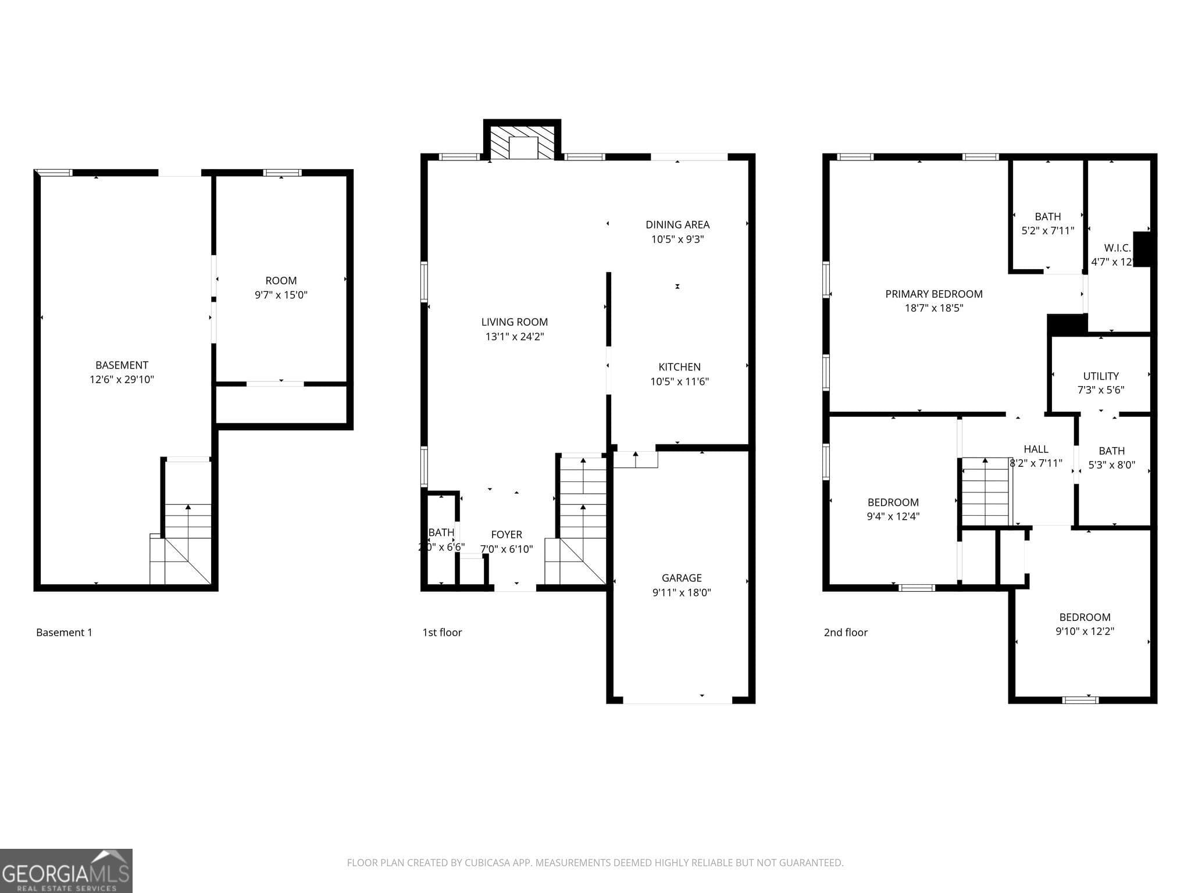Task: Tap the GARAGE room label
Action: coord(681,578)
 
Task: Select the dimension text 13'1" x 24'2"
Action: coord(515,337)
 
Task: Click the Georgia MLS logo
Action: coord(66,870)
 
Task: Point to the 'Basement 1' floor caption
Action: coord(64,633)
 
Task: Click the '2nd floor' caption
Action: coord(845,633)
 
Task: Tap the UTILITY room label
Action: coord(1100,376)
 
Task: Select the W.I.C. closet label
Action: coord(1117,248)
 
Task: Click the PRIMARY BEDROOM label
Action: coord(933,294)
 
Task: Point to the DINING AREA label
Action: coord(677,224)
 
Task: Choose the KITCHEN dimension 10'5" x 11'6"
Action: coord(679,382)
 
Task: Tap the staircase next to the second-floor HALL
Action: coord(985,491)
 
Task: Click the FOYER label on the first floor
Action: coord(506,534)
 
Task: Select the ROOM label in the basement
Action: coord(281,281)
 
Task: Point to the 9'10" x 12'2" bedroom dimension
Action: coord(1085,631)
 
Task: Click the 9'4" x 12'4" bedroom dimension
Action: coord(893,516)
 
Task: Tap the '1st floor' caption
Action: coord(441,633)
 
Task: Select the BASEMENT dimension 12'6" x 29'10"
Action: coord(122,380)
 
